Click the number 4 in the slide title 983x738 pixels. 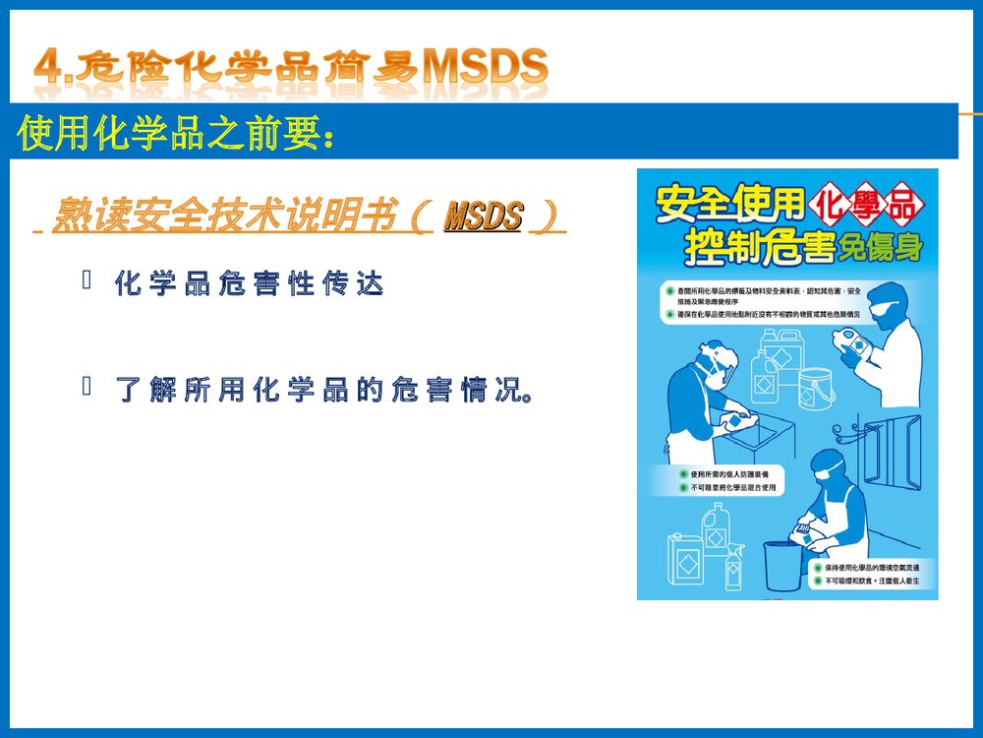(46, 67)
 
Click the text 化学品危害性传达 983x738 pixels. (248, 284)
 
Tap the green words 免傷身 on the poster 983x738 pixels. (881, 248)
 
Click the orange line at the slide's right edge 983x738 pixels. (970, 114)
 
